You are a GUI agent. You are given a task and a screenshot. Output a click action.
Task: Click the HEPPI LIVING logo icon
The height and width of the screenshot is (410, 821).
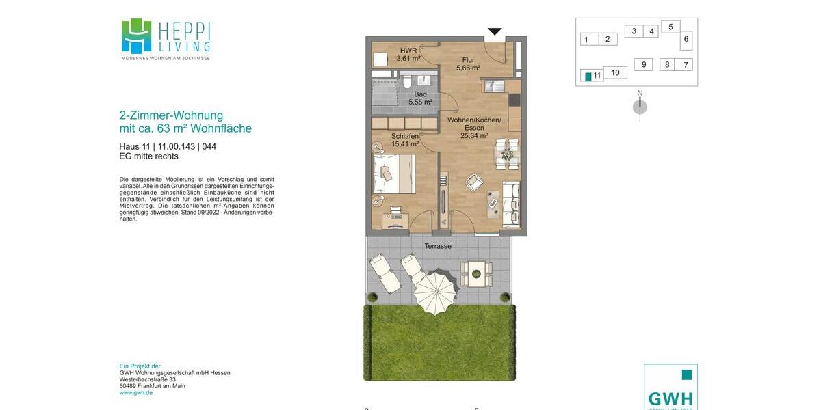136,36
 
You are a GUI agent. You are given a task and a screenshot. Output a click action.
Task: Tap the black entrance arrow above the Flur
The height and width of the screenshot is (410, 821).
495,31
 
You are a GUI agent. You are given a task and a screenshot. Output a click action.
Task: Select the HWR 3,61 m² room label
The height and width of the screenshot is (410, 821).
408,55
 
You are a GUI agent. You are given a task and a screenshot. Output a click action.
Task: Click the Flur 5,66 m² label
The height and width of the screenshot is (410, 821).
468,64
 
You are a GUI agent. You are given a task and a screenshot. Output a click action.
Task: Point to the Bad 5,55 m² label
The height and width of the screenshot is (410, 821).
420,98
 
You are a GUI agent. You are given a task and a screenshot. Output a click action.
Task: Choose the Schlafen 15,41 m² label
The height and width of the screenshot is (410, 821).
405,140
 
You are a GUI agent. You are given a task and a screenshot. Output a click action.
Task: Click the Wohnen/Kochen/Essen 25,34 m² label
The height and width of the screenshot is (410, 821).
474,128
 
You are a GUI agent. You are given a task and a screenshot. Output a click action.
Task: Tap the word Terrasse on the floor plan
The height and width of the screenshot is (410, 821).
438,246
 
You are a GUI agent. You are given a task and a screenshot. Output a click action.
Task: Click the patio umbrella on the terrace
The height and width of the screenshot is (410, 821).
436,292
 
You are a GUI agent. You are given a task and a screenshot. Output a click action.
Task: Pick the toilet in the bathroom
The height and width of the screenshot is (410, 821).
407,83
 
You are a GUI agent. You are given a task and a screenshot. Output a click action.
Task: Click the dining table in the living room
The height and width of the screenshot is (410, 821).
507,154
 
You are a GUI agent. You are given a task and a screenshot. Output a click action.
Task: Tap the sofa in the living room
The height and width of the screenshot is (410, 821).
511,203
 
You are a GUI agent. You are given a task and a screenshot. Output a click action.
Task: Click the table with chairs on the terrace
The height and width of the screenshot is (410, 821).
475,273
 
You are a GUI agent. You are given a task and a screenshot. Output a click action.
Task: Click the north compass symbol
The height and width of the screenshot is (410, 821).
640,106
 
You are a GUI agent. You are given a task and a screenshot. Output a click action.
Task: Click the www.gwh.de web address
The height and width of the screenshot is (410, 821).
136,393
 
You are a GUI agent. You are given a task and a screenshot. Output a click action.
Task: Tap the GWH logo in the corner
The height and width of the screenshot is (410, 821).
670,388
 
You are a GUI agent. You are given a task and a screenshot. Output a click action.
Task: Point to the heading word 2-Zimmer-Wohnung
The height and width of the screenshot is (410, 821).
171,115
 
